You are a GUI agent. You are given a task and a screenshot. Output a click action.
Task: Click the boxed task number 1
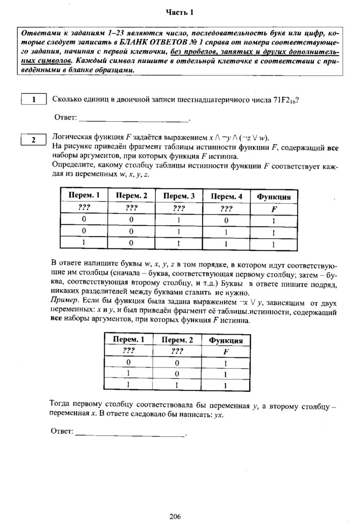[x=34, y=100]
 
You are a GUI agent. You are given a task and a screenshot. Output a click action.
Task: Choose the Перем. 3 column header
[x=178, y=196]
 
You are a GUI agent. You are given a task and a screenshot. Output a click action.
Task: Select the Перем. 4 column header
[x=226, y=196]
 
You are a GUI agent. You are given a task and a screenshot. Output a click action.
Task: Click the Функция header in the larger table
[x=273, y=196]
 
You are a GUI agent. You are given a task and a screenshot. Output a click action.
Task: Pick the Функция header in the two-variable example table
[x=226, y=341]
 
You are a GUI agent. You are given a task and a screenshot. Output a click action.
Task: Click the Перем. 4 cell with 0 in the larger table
[x=226, y=221]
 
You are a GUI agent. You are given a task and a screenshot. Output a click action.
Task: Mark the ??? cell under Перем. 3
[x=178, y=208]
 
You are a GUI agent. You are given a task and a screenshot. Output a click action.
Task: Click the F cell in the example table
[x=226, y=352]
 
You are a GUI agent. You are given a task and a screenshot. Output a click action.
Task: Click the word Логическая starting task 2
[x=70, y=137]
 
